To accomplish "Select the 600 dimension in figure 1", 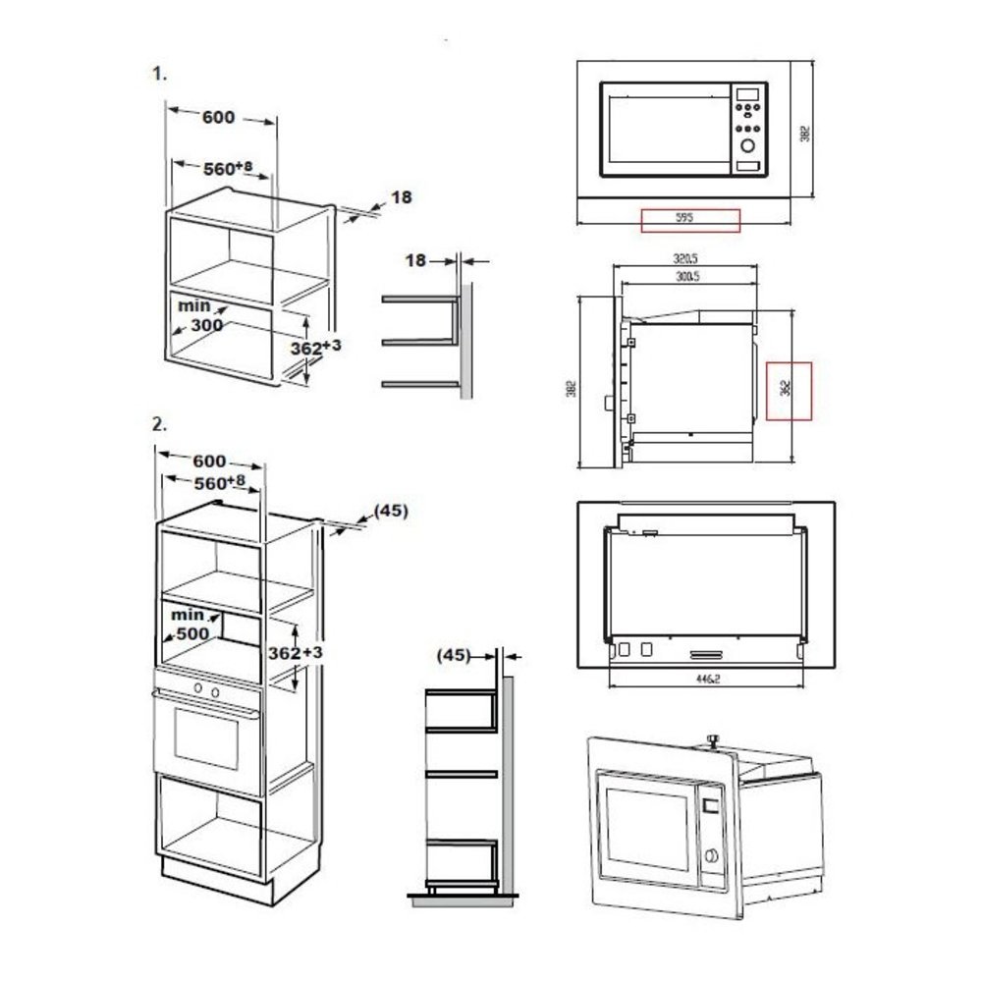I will click(218, 118).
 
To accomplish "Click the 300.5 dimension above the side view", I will click(687, 278).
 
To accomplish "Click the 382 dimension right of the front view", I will click(804, 133).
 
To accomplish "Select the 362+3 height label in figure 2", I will click(296, 653).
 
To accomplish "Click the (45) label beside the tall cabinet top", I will click(390, 511).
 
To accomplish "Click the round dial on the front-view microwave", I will click(749, 145).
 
